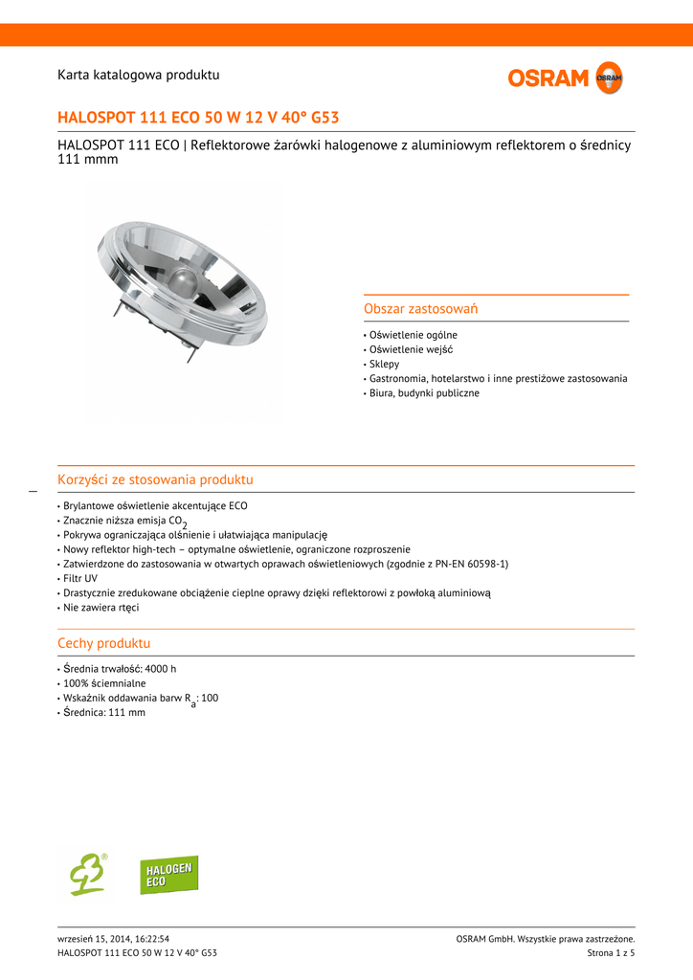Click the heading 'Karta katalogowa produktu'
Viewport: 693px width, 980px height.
[139, 75]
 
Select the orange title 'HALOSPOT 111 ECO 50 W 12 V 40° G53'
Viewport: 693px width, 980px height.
[198, 118]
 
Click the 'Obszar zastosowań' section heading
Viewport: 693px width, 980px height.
[420, 309]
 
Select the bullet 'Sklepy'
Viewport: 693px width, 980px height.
[384, 364]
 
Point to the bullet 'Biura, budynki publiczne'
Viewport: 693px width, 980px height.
[424, 392]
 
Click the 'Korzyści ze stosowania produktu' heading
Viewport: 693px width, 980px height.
[155, 479]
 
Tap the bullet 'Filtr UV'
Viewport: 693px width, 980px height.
[80, 578]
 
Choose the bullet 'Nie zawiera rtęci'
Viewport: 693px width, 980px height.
[101, 607]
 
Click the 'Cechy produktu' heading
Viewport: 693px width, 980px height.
[103, 643]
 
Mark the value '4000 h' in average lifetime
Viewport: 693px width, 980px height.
[161, 669]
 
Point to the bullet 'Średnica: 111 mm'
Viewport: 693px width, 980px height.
[103, 712]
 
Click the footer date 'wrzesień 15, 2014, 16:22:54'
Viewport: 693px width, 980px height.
[120, 939]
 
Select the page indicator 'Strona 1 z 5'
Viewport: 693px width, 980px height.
[611, 952]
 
